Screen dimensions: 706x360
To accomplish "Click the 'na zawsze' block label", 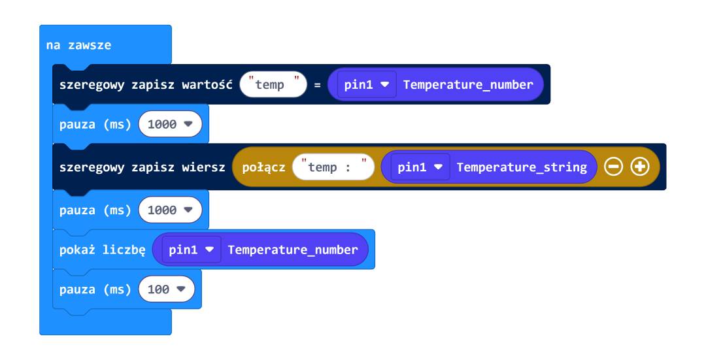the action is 78,45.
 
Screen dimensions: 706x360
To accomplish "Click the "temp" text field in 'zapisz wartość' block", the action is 273,84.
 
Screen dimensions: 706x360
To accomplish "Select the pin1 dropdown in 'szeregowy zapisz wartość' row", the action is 367,84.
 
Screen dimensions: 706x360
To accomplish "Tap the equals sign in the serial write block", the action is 318,84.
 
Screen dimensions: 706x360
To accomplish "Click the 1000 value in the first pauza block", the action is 170,124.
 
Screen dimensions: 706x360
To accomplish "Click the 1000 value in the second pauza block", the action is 170,210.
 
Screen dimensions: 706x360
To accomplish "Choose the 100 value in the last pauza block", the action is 167,289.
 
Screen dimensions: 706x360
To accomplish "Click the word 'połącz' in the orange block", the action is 263,167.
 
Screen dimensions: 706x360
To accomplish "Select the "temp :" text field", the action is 333,167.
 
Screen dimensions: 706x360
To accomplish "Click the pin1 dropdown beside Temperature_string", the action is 420,167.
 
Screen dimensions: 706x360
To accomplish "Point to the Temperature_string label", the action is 522,167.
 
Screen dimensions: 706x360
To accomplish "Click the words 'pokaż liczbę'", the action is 102,250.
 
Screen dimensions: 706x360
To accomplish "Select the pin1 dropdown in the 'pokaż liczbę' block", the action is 192,250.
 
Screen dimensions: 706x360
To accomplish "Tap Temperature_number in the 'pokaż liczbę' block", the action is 293,250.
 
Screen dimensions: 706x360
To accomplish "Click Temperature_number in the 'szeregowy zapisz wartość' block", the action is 468,84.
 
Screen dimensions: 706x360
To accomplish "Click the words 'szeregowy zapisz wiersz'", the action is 142,167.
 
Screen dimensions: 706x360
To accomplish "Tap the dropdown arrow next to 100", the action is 181,289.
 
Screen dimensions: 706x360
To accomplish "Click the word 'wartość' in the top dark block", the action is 207,84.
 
